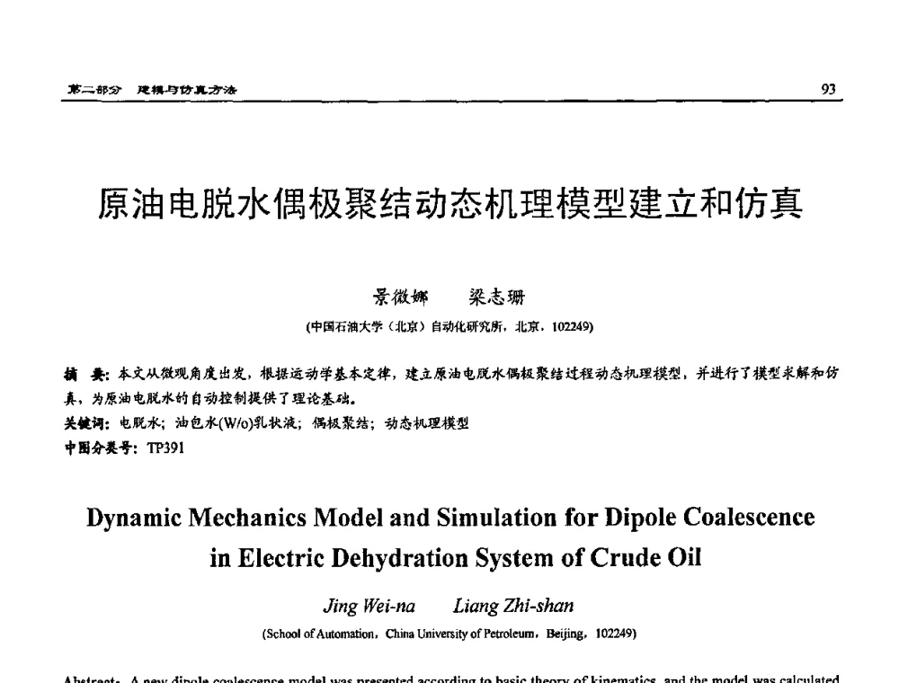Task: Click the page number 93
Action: pyautogui.click(x=829, y=88)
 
